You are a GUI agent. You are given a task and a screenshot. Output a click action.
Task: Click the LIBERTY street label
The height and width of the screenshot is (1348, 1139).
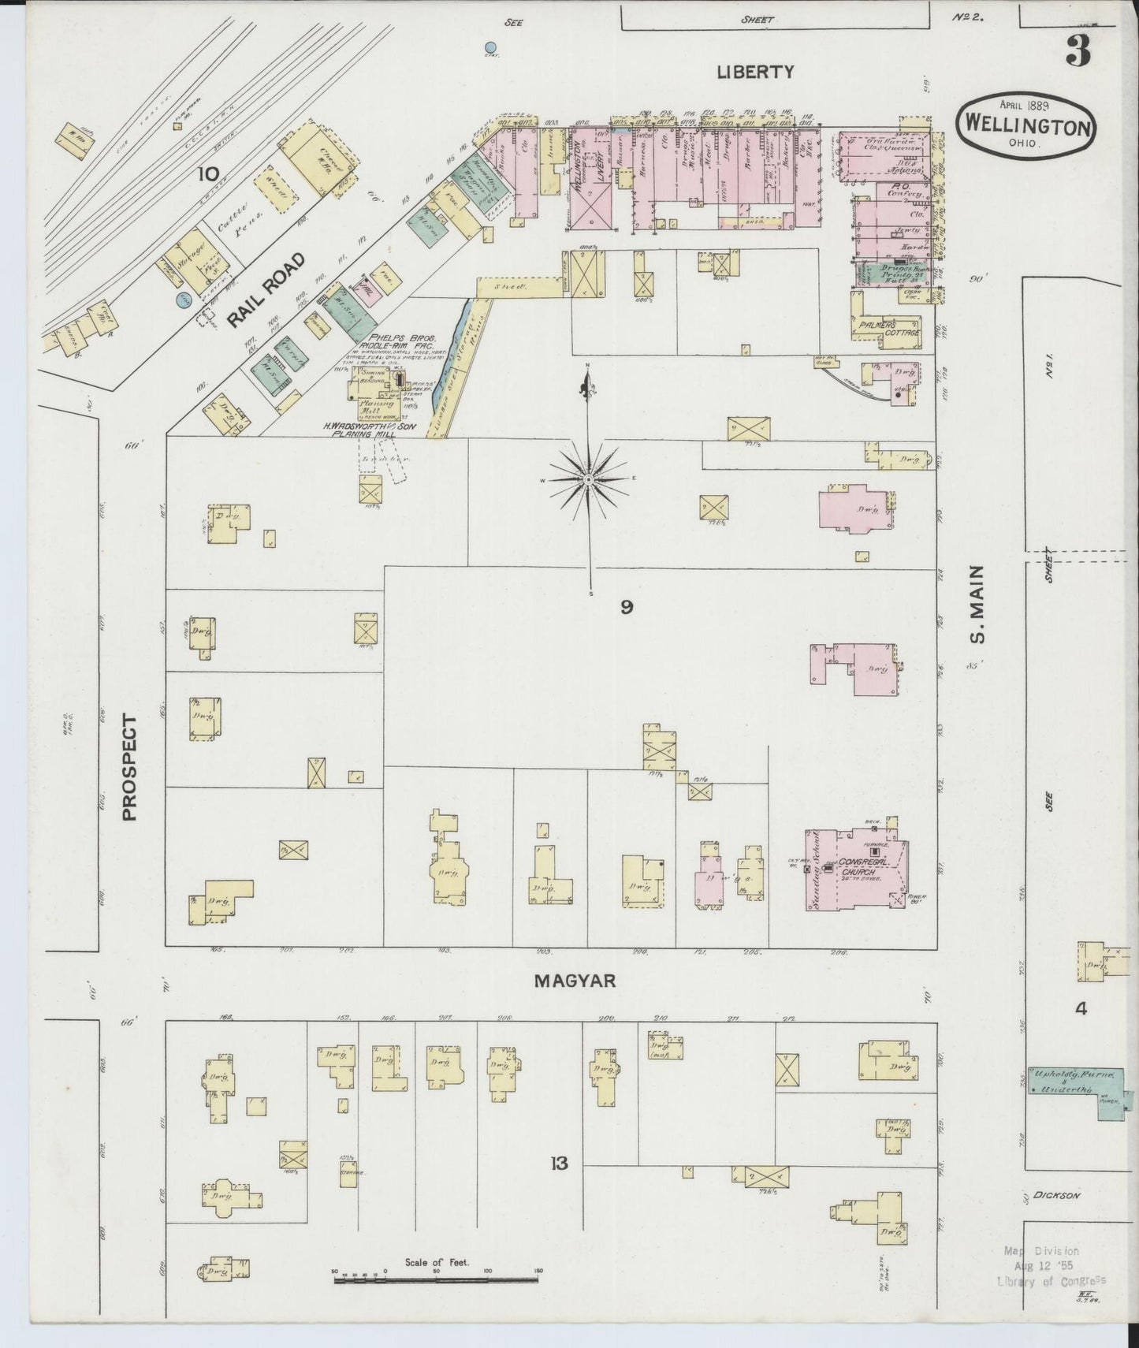click(x=755, y=72)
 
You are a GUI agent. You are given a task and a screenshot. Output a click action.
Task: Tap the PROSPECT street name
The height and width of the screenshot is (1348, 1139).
click(x=129, y=769)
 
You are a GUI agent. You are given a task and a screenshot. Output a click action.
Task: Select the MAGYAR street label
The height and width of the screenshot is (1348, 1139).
click(x=574, y=981)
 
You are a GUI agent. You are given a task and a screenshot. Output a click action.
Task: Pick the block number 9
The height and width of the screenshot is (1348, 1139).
click(x=627, y=607)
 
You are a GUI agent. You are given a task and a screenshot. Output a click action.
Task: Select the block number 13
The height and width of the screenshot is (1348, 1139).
click(x=559, y=1163)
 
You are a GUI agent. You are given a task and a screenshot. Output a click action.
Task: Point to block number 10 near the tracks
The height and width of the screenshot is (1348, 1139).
click(x=208, y=173)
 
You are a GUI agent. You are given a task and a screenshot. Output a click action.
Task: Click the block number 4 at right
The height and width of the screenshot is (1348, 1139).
click(x=1081, y=1007)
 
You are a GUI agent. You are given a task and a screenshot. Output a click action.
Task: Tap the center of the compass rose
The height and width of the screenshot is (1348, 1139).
click(x=589, y=479)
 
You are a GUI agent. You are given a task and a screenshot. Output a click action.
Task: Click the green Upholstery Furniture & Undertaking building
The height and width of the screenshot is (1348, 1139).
click(x=1076, y=1082)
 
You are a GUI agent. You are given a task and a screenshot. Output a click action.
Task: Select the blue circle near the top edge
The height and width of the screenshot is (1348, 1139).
click(x=491, y=48)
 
